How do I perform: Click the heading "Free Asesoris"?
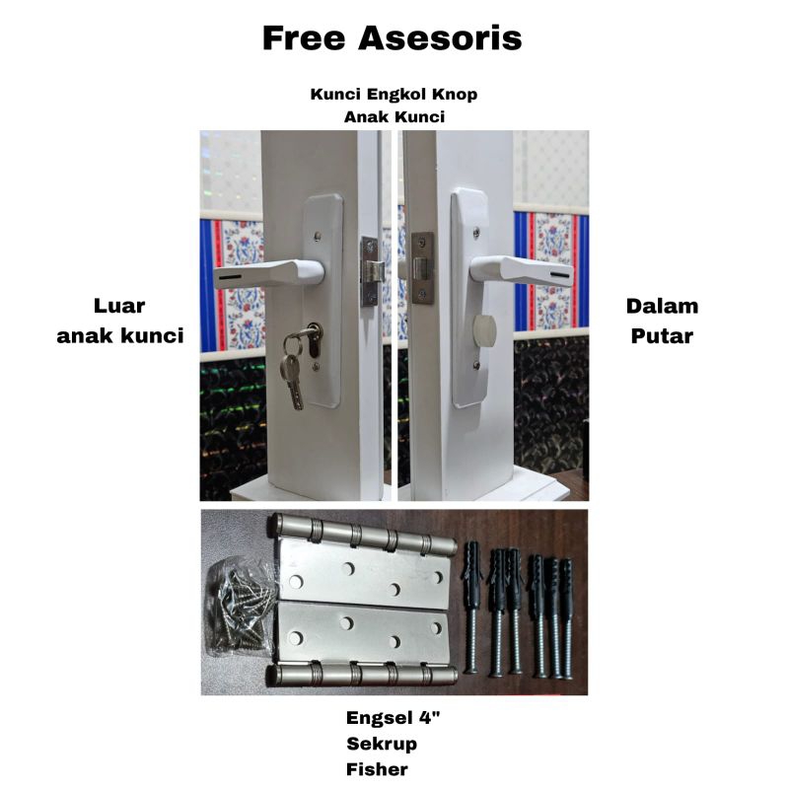[392, 38]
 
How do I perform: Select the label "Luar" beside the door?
[119, 306]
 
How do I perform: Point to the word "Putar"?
[662, 336]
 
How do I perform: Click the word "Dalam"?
[662, 307]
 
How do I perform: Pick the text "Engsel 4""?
[393, 718]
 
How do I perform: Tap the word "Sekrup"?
[382, 744]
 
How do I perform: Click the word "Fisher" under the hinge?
[377, 769]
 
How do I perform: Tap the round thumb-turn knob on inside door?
[484, 328]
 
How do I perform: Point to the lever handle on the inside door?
[521, 270]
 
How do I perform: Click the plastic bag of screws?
[240, 608]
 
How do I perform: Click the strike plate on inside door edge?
[422, 268]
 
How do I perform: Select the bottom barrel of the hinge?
[361, 675]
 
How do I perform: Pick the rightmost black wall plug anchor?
[567, 618]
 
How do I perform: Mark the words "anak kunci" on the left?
[120, 336]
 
